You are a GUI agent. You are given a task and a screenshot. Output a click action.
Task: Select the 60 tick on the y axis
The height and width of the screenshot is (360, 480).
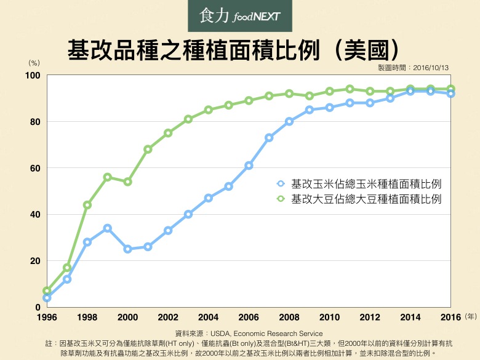pos(34,168)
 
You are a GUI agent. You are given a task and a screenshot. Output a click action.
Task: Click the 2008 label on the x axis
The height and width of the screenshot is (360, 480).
pos(289,317)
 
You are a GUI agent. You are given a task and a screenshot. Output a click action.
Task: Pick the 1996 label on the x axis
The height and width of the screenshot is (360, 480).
pos(47,317)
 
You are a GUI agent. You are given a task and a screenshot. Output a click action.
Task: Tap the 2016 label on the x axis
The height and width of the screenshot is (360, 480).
pos(450,317)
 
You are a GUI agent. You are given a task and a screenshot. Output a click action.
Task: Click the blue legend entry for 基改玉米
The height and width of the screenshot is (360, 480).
pos(359,183)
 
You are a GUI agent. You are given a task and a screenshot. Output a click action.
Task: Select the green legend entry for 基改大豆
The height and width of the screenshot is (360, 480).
pos(359,199)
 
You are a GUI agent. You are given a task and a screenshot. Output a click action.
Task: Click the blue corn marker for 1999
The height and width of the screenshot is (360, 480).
pos(108,228)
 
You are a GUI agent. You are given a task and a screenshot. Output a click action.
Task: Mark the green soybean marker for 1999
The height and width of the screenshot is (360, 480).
pos(108,177)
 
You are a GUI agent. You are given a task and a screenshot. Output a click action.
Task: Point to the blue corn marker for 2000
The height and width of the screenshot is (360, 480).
pos(127,249)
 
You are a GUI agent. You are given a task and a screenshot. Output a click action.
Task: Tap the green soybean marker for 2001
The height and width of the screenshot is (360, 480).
pos(148,150)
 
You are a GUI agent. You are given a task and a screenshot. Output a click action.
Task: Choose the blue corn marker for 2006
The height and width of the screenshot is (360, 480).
pos(249,166)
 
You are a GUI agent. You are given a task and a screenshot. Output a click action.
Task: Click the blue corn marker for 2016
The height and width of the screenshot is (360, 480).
pos(450,94)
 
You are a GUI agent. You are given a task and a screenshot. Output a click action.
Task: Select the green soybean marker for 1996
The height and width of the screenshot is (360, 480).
pos(47,290)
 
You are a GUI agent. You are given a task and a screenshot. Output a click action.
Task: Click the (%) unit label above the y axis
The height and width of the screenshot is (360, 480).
pos(34,63)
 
